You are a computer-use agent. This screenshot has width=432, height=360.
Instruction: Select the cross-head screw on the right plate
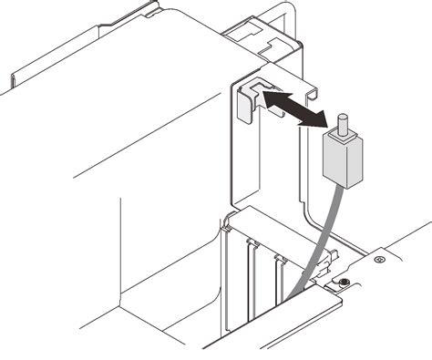pyautogui.click(x=376, y=262)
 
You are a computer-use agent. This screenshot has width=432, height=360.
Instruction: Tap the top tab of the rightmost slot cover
pyautogui.click(x=279, y=261)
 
